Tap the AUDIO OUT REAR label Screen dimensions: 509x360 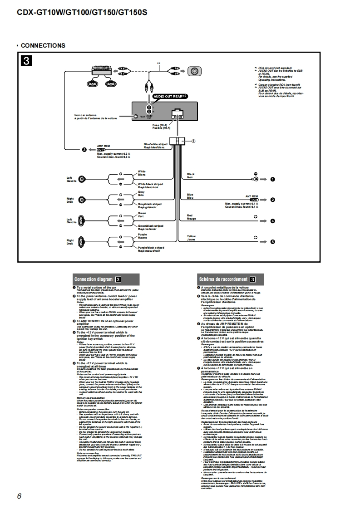point(170,96)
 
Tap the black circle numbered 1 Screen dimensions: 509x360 point(273,180)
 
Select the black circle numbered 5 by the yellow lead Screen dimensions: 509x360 point(273,242)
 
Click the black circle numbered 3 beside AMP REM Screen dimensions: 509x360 point(84,150)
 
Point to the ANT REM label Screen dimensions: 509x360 point(252,196)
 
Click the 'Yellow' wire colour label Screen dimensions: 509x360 point(192,236)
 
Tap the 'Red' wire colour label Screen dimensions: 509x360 point(190,215)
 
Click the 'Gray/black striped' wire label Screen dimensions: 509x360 point(150,204)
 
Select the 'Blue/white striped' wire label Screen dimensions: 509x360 point(156,144)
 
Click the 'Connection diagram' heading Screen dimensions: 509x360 point(94,279)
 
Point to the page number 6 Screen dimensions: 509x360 point(20,496)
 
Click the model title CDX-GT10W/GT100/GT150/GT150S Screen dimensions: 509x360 point(82,13)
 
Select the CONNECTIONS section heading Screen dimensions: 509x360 point(43,45)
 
